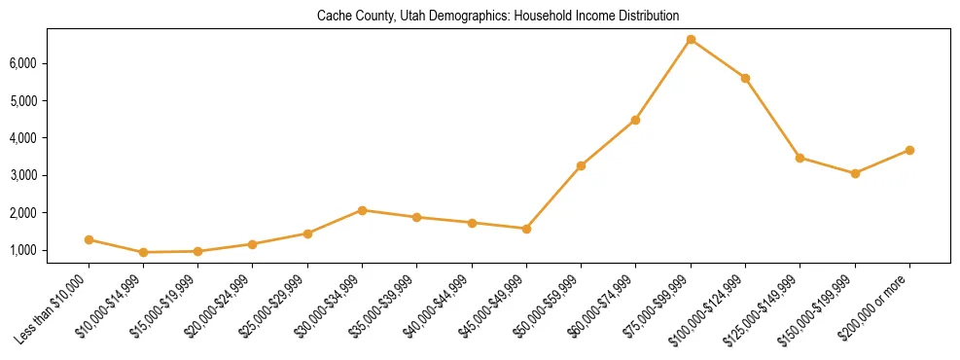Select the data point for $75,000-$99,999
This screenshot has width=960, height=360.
tap(691, 40)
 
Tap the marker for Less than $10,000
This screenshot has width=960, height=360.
tap(89, 239)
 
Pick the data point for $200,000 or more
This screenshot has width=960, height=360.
tap(909, 150)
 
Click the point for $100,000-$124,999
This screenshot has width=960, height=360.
tap(745, 78)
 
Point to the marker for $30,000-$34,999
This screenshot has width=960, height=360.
tap(362, 210)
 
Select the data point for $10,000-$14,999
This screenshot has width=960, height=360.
tap(144, 252)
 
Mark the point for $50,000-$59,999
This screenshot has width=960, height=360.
tap(581, 165)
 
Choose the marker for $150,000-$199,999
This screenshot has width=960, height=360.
tap(855, 173)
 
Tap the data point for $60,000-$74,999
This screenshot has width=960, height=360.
tap(635, 120)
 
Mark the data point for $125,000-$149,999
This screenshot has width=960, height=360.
tap(800, 158)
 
